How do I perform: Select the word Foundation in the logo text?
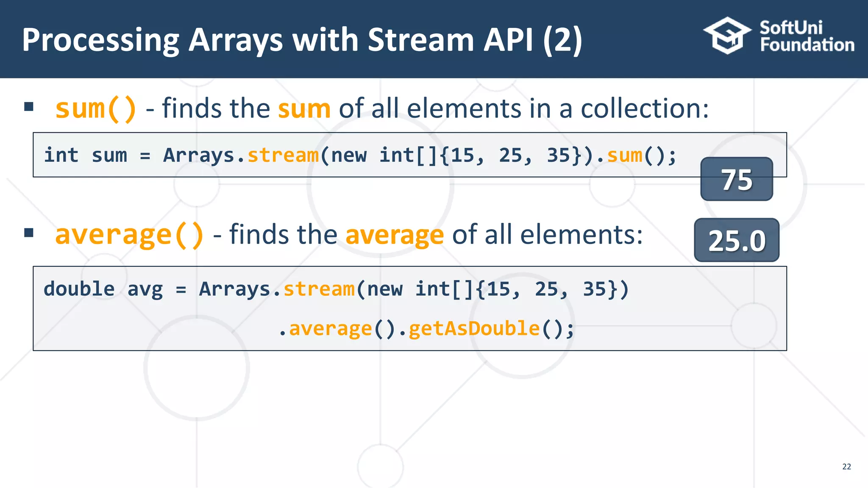click(807, 45)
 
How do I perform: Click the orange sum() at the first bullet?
click(96, 108)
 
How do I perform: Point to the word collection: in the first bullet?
click(644, 108)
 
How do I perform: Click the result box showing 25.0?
click(737, 241)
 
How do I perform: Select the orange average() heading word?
click(129, 235)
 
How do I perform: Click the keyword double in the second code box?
click(79, 289)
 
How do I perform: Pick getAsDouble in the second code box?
click(474, 329)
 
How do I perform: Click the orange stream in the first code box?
click(283, 155)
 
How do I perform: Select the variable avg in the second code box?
click(145, 289)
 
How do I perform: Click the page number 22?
click(846, 467)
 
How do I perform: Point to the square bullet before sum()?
click(29, 107)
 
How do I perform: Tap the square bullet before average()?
click(29, 233)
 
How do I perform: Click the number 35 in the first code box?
click(558, 155)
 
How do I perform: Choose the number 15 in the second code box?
click(498, 289)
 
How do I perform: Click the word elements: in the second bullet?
click(581, 235)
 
